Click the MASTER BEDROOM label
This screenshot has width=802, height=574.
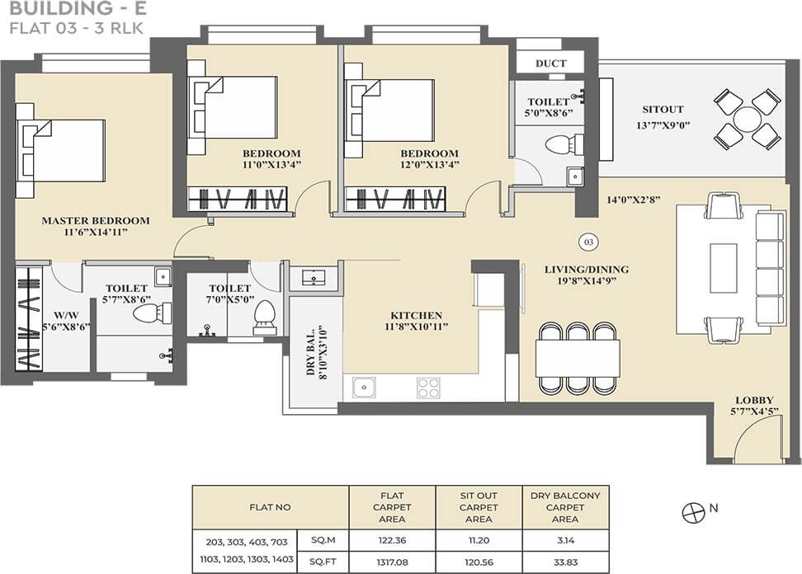click(x=96, y=220)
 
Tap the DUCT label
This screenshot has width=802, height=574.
click(x=550, y=64)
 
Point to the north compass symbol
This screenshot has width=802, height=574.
click(x=691, y=512)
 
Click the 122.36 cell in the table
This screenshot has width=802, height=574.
click(x=392, y=540)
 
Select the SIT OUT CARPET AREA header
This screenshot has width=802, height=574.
click(x=479, y=507)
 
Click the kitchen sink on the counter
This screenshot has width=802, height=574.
click(x=364, y=387)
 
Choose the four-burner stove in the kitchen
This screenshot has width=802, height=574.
click(x=428, y=387)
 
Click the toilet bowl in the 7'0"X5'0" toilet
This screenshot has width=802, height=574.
click(x=265, y=314)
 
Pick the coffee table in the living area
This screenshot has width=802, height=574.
click(x=723, y=267)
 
